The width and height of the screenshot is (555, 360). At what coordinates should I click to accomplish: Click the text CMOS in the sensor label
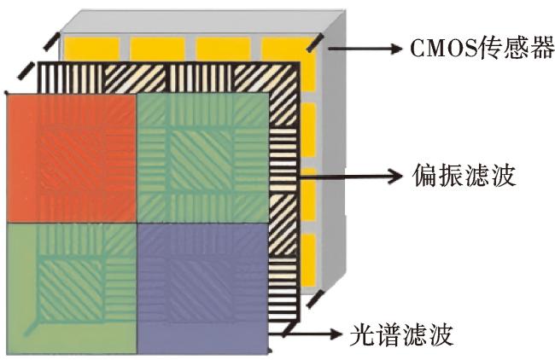coord(444,48)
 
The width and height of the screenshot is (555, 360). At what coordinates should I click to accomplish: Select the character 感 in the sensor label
coord(515,48)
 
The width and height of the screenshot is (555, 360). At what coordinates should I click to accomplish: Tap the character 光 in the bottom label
coord(362,334)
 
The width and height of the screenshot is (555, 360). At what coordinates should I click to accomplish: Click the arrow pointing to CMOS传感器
coord(365,49)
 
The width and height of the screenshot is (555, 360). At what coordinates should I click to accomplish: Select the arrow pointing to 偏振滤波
coord(350,176)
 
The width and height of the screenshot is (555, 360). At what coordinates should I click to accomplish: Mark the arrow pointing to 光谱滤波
coord(311,333)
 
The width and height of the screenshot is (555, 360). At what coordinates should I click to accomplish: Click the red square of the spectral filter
coord(72,158)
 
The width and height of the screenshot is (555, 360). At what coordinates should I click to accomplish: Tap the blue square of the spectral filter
coord(202,288)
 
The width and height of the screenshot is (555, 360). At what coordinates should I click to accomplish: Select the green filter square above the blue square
coord(202,158)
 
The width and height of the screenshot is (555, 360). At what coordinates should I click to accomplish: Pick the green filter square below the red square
coord(72,288)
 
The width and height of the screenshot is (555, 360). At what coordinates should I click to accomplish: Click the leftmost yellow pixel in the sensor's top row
coord(91,49)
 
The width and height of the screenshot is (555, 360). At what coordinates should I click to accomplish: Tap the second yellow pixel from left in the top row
coord(157,49)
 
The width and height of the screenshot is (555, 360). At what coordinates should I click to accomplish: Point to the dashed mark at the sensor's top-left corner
coord(51,42)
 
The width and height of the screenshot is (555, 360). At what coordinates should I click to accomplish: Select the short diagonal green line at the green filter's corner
coord(31,328)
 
